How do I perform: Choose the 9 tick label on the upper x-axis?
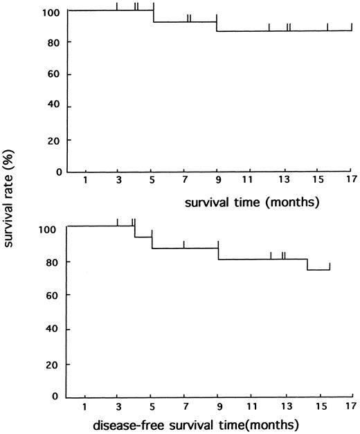coord(217,181)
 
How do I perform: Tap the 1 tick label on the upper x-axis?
coord(85,181)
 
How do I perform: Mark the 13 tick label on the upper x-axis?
coord(284,181)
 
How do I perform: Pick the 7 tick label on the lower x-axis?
coord(185,406)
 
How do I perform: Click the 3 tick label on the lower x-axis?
coord(118,406)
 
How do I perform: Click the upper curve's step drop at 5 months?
coord(154,17)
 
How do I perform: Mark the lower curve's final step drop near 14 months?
coord(307,264)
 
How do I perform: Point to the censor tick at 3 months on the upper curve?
coord(117,6)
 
